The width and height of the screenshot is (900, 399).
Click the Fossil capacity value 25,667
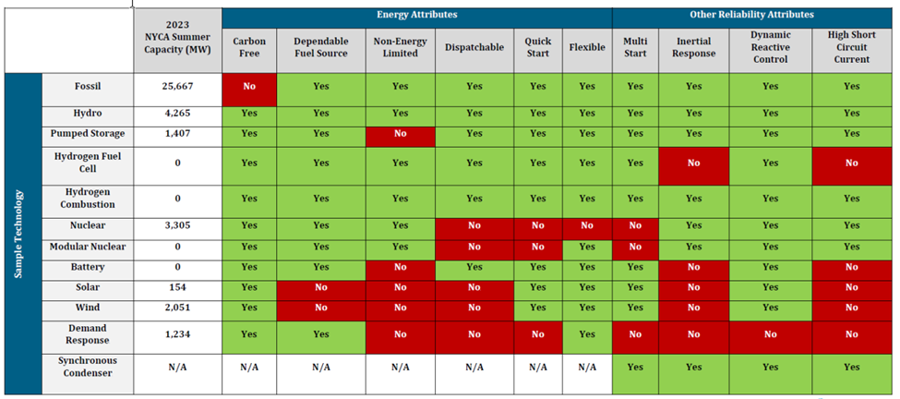pos(177,87)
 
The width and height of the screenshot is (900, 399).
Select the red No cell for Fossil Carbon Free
pos(248,87)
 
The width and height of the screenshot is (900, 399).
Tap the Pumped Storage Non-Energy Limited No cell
pos(400,133)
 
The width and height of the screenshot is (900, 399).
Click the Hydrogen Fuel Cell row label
pos(87,163)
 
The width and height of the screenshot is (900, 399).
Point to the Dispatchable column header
pos(474,46)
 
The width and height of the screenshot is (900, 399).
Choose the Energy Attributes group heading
pos(416,15)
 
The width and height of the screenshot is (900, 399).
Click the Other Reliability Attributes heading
pos(751,15)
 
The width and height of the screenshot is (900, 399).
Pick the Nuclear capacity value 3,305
pos(177,225)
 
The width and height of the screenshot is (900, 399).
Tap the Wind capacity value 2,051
pos(177,308)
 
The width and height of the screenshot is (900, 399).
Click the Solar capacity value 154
pos(177,287)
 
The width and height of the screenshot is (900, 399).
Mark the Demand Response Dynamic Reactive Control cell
pos(770,334)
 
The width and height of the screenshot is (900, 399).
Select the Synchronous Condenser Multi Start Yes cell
pos(634,367)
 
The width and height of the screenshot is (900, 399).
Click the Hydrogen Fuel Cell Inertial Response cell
pos(693,163)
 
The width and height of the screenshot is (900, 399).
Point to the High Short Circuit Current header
pos(850,46)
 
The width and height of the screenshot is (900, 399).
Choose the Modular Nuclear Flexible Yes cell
pos(586,247)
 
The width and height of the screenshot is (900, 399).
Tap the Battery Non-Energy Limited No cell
pos(400,267)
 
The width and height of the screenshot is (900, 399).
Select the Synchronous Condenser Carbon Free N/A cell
pos(248,367)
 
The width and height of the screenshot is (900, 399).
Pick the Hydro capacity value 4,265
pos(177,114)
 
